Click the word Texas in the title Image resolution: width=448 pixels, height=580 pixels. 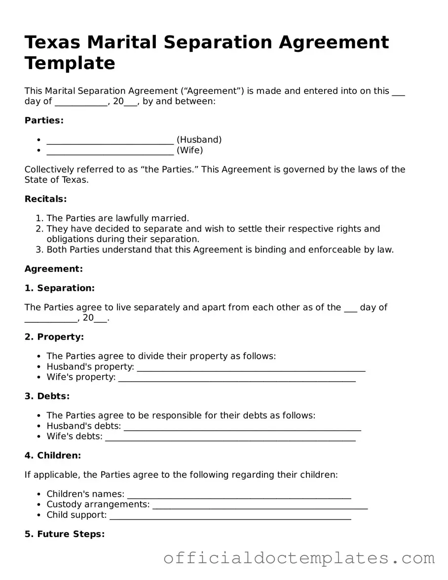(52, 42)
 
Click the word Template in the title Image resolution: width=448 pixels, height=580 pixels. (70, 63)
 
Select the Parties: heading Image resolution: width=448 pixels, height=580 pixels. (44, 120)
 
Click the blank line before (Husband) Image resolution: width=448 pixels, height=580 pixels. (110, 141)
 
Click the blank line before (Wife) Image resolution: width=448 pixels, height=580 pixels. (110, 151)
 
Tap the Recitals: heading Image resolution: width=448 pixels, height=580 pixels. (45, 199)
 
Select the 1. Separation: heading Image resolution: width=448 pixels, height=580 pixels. (59, 288)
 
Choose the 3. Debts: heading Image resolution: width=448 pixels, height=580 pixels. (47, 396)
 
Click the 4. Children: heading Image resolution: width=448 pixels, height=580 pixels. (52, 456)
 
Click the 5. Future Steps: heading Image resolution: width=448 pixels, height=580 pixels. (64, 534)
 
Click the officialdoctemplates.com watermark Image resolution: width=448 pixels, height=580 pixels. (299, 558)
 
